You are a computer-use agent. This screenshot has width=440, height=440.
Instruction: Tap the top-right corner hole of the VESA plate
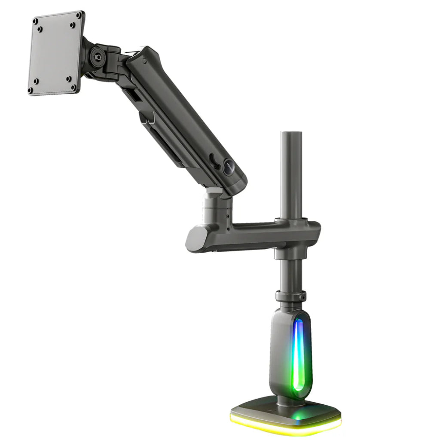[78, 15]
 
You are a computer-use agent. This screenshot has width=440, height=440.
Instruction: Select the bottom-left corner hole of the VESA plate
[31, 90]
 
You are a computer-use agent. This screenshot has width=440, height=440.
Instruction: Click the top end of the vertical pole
[291, 134]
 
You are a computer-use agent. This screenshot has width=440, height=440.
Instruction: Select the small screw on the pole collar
[303, 296]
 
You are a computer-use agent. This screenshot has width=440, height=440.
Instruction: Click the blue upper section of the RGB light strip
[298, 339]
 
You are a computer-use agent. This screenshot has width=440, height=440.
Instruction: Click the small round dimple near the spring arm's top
[145, 61]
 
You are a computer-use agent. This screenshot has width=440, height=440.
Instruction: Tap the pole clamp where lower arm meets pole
[296, 232]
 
